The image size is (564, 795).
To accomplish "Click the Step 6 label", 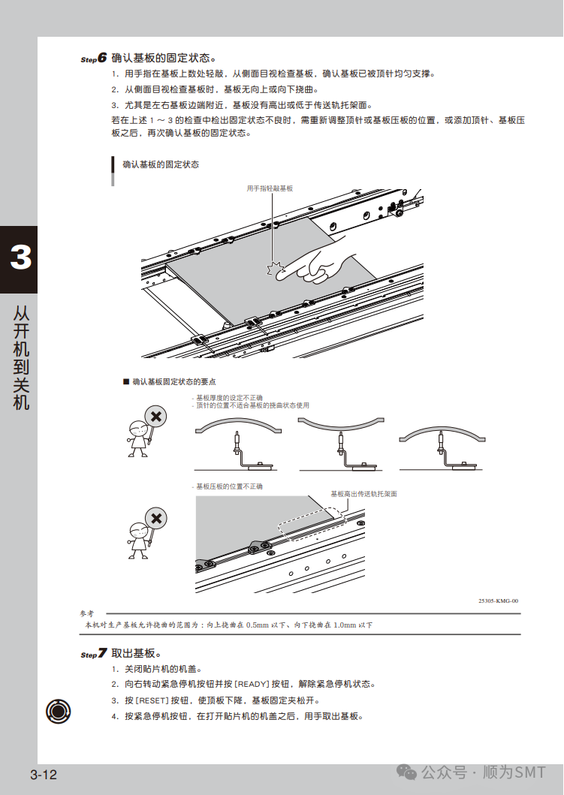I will click(94, 58).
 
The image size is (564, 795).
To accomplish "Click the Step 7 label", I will click(94, 654).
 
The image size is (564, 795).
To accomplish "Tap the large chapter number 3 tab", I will click(20, 258).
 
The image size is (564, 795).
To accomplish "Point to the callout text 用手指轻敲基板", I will click(270, 188).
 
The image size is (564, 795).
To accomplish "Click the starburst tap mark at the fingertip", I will click(276, 269).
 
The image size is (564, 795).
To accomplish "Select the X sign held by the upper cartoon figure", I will click(155, 416).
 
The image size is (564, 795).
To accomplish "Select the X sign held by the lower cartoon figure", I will click(155, 518).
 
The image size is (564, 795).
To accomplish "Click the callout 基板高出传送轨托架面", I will click(363, 494).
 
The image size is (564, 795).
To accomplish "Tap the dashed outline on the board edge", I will click(309, 524).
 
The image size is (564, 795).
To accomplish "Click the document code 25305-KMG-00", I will click(499, 601).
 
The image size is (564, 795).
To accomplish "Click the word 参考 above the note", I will click(88, 613).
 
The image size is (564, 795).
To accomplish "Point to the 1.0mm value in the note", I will click(344, 625).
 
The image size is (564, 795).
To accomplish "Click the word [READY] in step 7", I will click(251, 684).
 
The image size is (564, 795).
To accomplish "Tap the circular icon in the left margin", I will click(58, 709).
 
